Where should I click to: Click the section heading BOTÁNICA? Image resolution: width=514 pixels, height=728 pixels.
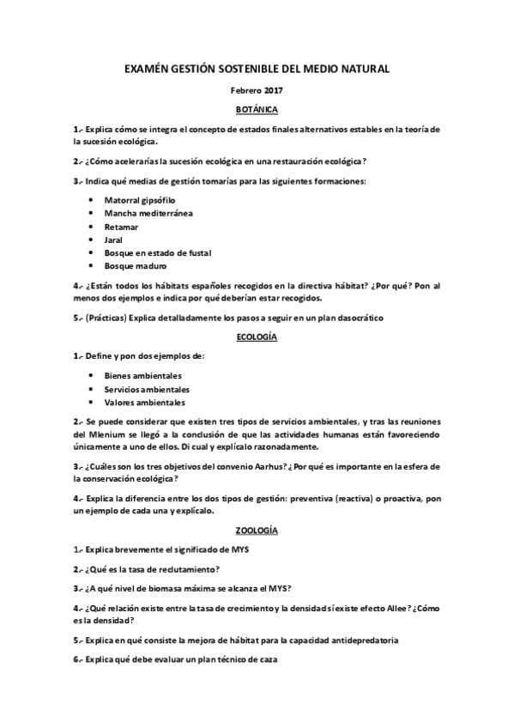pos(257,110)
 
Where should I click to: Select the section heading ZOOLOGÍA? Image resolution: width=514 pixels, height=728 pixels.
pos(257,531)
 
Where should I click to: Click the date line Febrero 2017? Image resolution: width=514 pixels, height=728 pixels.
pos(257,90)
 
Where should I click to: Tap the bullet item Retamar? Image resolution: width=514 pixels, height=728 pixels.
pos(121,226)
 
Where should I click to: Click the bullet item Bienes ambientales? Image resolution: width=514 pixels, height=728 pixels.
pos(142,375)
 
